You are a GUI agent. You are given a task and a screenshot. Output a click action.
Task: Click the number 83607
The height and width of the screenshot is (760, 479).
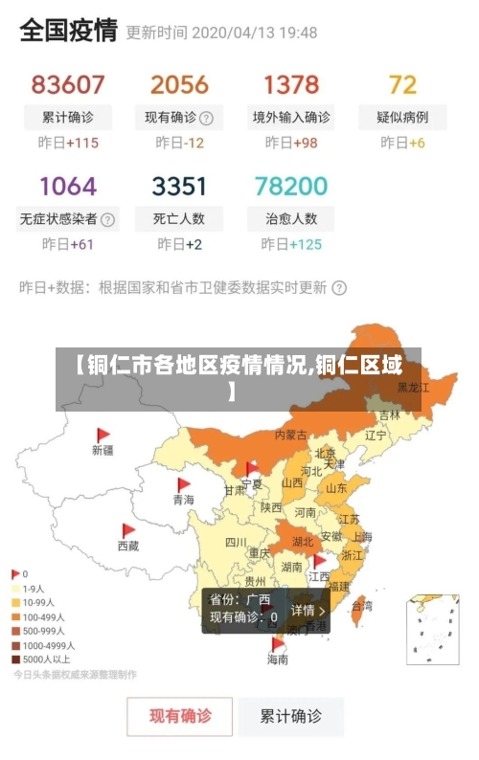coord(67,84)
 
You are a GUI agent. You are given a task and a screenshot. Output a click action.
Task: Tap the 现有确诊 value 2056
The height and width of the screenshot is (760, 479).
coord(179,84)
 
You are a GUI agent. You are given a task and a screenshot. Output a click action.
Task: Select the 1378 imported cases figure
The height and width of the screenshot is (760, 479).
coord(291,84)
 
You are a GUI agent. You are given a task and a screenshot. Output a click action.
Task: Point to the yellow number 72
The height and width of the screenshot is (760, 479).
coord(402,84)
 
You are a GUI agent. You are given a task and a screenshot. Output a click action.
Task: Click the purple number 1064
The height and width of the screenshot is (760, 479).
coord(68,185)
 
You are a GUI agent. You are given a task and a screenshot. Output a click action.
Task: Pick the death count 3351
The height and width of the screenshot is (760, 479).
coord(179,185)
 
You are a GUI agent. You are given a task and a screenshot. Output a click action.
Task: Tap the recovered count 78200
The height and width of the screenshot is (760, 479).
coord(291,185)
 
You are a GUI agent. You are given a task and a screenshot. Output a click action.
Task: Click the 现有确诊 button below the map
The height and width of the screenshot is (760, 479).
coord(180,715)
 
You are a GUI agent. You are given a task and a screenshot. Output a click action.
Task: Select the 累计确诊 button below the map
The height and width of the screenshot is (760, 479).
coord(292,715)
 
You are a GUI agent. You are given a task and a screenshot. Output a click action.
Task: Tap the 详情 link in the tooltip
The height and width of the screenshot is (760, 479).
coord(308,610)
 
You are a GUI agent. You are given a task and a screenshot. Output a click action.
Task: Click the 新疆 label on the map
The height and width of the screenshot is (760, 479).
coord(103,449)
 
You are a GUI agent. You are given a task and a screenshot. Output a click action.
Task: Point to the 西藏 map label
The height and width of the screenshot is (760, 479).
coord(128,546)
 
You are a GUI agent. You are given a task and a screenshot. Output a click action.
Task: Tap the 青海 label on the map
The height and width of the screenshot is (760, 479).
coord(183,500)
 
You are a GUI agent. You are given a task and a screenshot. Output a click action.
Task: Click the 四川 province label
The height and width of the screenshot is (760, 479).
coord(236,542)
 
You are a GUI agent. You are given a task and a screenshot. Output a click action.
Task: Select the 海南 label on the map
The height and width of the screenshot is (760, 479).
coord(278,659)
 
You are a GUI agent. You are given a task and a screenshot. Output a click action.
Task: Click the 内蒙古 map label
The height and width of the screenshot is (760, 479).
coord(291,435)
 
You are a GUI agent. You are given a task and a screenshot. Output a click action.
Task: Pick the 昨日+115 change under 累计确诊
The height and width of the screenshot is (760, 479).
coord(68,143)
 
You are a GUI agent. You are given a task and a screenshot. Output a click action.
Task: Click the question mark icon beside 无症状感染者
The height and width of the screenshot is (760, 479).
coord(108,219)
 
